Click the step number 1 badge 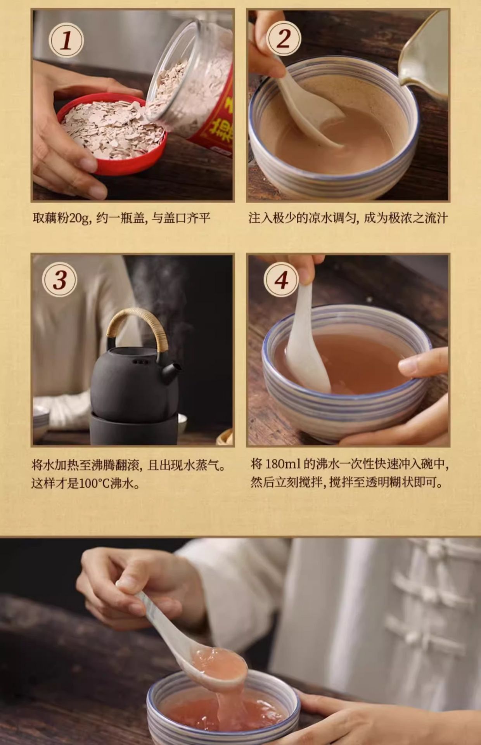click(x=66, y=40)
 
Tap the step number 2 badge click(x=284, y=38)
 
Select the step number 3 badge click(x=60, y=279)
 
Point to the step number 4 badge click(x=282, y=279)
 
